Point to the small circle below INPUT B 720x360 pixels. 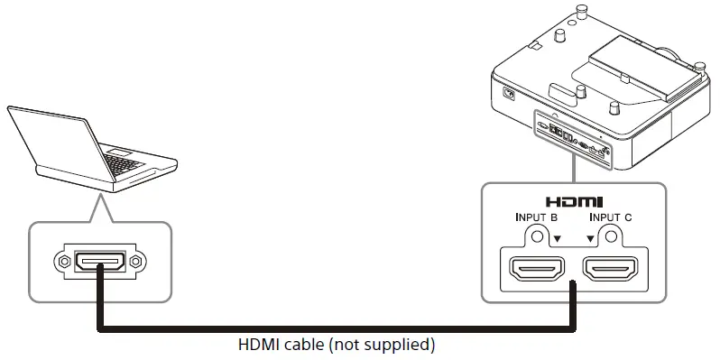click(x=539, y=236)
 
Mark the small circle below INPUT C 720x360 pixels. click(x=611, y=236)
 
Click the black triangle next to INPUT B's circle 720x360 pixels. click(x=558, y=239)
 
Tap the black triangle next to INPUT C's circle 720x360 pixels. click(x=592, y=239)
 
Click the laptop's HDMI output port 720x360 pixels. click(x=98, y=263)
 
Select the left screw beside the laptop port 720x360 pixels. click(x=62, y=263)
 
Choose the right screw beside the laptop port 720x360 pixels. click(x=134, y=263)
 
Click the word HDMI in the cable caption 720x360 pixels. click(x=256, y=345)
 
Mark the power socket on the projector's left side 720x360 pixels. click(x=508, y=93)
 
